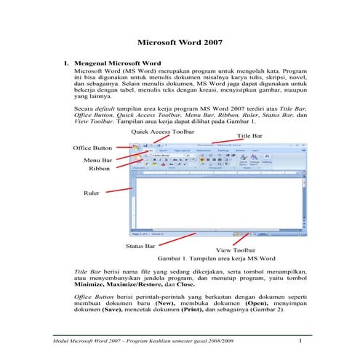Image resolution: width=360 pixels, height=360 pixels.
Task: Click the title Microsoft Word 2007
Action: (179, 43)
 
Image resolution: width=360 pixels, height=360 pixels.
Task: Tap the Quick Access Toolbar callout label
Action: (163, 132)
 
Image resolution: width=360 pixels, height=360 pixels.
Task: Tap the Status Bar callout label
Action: (140, 246)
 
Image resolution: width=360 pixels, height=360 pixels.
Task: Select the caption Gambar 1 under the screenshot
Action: (216, 258)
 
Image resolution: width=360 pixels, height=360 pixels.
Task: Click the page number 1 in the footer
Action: (300, 340)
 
